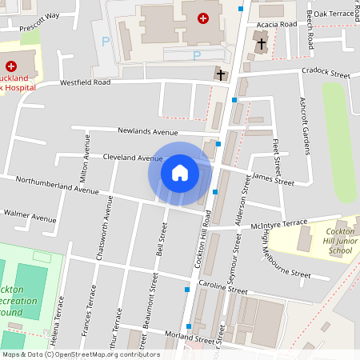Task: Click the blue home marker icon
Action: click(x=180, y=173)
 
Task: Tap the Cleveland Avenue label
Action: click(x=133, y=158)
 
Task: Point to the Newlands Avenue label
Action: click(x=147, y=131)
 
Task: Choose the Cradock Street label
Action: click(x=326, y=73)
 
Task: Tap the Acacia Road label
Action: click(x=277, y=25)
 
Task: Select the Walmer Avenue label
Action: click(x=30, y=216)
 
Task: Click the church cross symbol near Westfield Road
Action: click(x=221, y=74)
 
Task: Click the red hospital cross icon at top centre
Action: click(x=203, y=18)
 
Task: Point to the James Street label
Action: click(x=274, y=179)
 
